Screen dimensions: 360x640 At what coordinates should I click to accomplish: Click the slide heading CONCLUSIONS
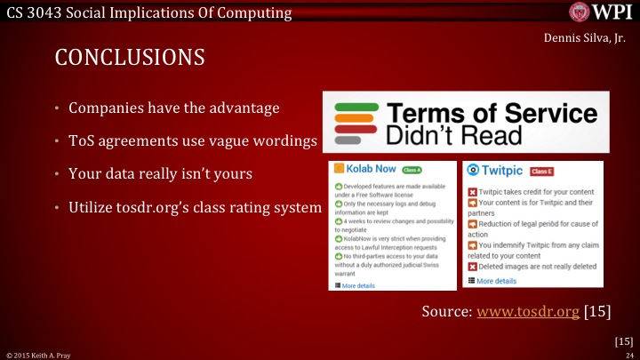130,57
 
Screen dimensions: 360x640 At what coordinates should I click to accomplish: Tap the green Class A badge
412,169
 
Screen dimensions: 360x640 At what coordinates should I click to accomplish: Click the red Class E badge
542,171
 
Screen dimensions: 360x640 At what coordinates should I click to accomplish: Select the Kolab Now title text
369,169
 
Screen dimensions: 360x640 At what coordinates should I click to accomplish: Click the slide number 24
628,354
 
